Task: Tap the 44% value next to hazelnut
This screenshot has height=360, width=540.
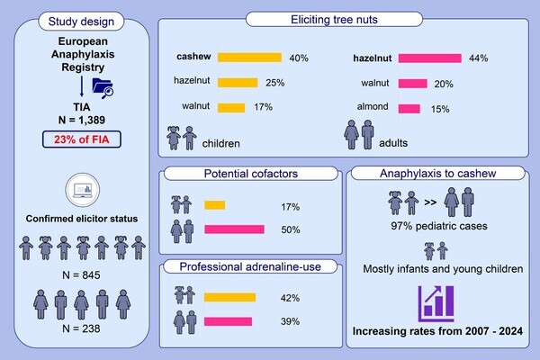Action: tap(479, 58)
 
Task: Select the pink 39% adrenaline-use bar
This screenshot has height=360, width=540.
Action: tap(229, 320)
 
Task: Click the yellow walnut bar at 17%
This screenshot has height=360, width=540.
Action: tap(225, 109)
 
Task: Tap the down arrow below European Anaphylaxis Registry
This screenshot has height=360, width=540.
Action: tap(82, 86)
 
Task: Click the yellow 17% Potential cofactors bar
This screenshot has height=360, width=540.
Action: tap(215, 205)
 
